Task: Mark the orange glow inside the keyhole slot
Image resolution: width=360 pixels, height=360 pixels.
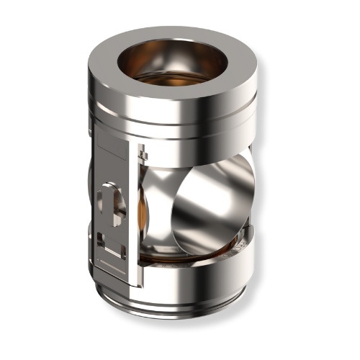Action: tap(117, 205)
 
